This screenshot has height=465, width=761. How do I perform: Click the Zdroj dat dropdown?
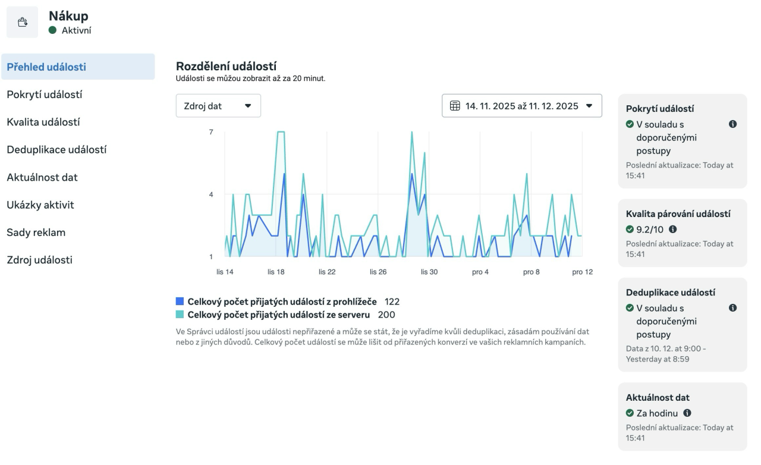218,106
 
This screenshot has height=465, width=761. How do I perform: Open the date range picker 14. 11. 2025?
521,106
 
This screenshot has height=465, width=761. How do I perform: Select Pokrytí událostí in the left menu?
45,95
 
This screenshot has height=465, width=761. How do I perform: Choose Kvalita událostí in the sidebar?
43,122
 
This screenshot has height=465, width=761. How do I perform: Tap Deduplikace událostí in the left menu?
56,150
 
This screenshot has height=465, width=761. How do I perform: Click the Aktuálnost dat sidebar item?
42,177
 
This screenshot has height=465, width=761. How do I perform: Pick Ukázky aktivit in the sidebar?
40,205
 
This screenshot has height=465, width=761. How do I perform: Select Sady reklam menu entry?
36,232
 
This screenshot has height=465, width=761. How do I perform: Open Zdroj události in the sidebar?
40,260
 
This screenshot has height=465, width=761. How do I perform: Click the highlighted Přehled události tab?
46,67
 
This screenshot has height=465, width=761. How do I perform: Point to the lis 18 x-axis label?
276,272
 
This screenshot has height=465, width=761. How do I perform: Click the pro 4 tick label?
480,272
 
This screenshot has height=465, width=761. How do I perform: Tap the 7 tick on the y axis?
211,132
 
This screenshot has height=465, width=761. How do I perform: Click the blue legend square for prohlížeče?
180,301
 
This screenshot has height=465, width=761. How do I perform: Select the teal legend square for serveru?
180,315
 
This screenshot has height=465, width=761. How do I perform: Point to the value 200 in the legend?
386,315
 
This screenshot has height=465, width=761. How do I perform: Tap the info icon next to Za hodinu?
687,413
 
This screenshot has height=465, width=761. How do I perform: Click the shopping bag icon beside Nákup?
23,23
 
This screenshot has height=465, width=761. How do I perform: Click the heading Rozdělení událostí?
226,66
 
